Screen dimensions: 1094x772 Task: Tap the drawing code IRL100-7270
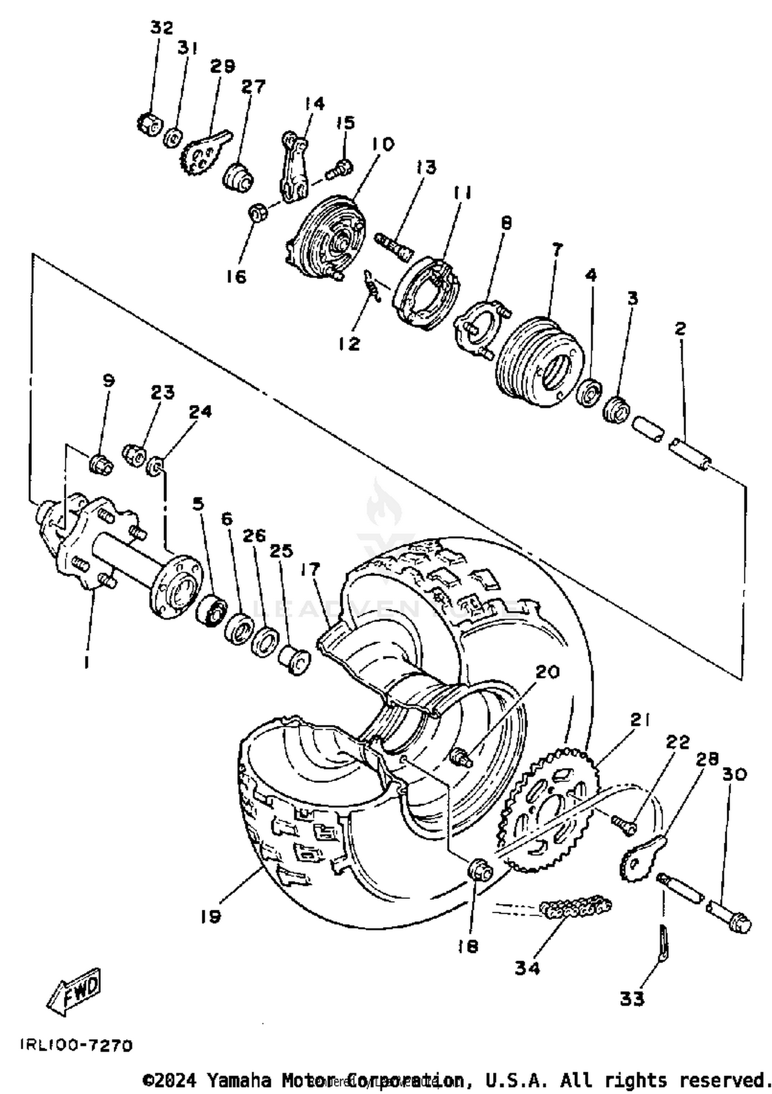point(76,1045)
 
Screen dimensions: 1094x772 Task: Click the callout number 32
point(162,27)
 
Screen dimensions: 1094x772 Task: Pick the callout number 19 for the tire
point(211,916)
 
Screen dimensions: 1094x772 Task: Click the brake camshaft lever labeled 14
point(294,168)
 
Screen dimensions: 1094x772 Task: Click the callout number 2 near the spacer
point(680,328)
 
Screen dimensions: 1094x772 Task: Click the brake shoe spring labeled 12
point(372,285)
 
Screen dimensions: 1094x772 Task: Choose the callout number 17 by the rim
point(311,569)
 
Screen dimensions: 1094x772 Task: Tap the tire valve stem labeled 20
point(461,757)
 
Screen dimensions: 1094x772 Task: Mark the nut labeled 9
point(100,464)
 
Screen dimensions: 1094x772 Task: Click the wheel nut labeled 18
point(479,870)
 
